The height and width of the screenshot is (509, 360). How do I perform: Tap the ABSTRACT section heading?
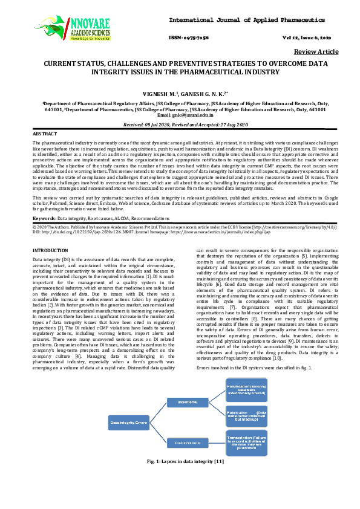click(x=45, y=133)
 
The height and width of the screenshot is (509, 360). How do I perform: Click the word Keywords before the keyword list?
click(x=44, y=216)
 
